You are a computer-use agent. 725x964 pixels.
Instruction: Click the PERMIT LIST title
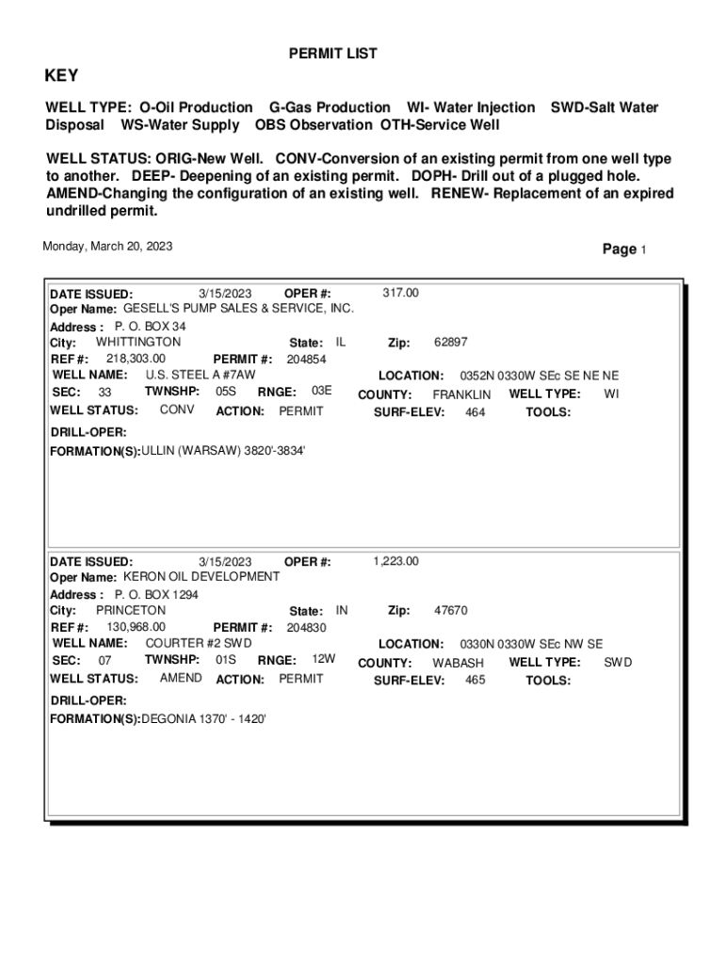pos(332,54)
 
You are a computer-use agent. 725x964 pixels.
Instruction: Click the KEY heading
pos(62,76)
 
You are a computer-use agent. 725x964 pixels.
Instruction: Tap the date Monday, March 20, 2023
pos(107,247)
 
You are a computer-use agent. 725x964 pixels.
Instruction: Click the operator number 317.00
pos(400,294)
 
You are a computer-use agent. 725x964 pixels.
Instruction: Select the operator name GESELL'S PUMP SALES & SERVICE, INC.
pos(239,308)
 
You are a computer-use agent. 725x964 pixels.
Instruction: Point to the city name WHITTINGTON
pos(138,342)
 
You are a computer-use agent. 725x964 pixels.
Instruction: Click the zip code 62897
pos(450,343)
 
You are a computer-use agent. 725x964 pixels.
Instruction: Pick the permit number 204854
pos(306,360)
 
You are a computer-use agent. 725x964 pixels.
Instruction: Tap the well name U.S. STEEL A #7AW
pos(201,375)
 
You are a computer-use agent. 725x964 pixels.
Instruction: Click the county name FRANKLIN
pos(461,394)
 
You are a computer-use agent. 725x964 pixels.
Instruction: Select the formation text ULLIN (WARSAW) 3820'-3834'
pos(222,451)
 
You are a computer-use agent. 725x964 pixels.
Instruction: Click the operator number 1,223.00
pos(395,562)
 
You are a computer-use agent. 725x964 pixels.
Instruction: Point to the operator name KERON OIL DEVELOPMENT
pos(201,576)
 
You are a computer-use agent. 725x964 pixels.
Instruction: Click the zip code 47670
pos(450,611)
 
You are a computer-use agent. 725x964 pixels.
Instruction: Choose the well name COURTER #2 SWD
pos(199,643)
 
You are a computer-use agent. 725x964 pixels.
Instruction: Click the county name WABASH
pos(458,663)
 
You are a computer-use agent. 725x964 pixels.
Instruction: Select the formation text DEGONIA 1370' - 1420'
pos(203,718)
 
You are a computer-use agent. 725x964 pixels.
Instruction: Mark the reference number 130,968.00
pos(136,627)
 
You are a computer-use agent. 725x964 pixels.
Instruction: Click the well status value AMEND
pos(180,678)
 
